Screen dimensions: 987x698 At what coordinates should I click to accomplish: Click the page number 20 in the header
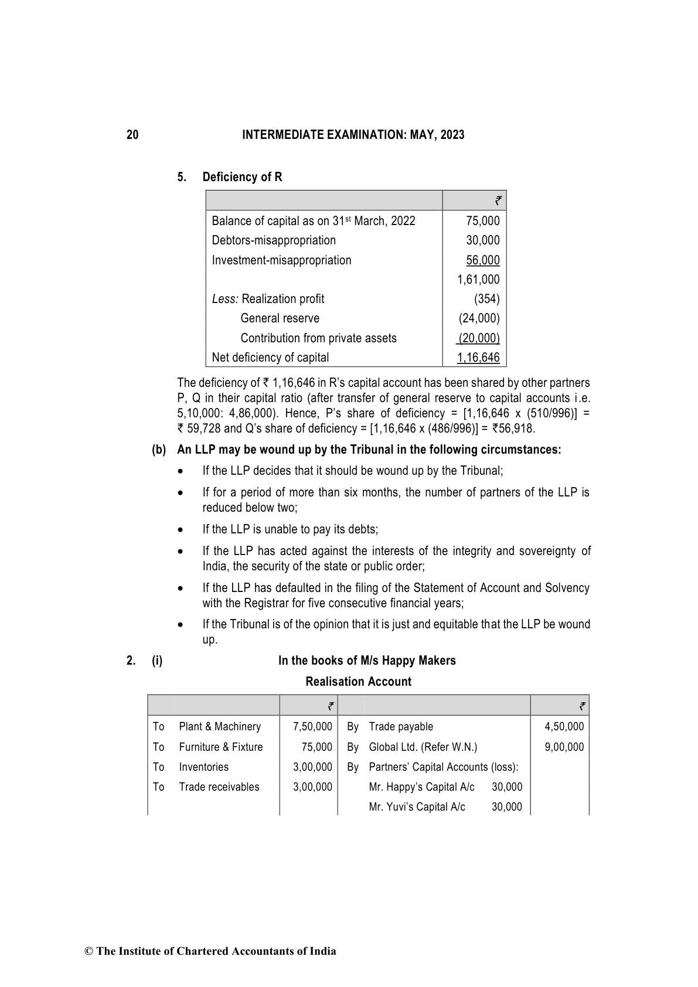pyautogui.click(x=132, y=135)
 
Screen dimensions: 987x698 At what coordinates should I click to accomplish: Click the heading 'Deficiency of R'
pyautogui.click(x=242, y=177)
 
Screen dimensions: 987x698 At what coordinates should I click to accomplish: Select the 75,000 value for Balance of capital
pyautogui.click(x=483, y=221)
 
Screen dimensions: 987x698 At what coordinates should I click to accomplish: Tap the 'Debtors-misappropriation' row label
pyautogui.click(x=274, y=240)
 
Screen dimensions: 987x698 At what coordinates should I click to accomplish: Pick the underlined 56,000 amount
pyautogui.click(x=483, y=260)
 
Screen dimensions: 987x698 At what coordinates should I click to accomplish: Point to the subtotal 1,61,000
pyautogui.click(x=478, y=280)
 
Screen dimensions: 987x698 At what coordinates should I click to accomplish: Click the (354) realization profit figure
pyautogui.click(x=487, y=299)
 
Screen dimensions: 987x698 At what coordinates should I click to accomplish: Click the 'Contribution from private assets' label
pyautogui.click(x=318, y=338)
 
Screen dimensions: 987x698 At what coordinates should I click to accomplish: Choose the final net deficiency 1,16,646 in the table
pyautogui.click(x=478, y=358)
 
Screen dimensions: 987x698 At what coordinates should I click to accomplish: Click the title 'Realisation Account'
pyautogui.click(x=358, y=682)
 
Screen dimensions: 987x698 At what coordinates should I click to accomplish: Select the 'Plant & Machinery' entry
pyautogui.click(x=220, y=727)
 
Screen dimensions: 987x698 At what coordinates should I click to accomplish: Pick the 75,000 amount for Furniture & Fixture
pyautogui.click(x=321, y=747)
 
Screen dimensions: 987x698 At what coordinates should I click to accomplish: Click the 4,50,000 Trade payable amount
pyautogui.click(x=564, y=727)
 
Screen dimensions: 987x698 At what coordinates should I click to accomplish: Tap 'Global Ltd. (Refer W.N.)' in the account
pyautogui.click(x=423, y=747)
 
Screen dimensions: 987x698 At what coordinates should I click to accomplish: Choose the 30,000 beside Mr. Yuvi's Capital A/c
pyautogui.click(x=506, y=807)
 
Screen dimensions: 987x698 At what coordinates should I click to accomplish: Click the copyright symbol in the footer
pyautogui.click(x=89, y=952)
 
